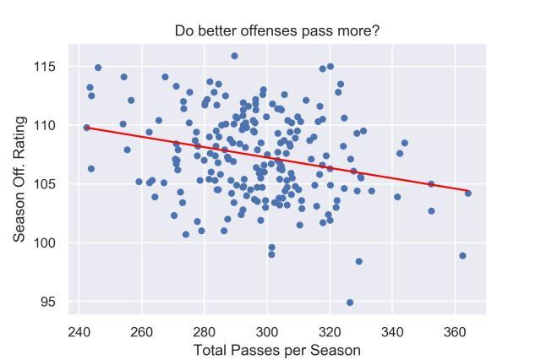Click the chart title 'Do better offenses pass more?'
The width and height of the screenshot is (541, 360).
(277, 32)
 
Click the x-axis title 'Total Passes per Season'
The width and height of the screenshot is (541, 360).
(276, 350)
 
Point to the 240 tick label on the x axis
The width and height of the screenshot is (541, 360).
(79, 330)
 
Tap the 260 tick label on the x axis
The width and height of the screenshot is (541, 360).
(142, 330)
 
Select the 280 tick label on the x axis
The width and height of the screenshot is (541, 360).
(205, 330)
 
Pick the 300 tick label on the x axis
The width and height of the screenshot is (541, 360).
(267, 330)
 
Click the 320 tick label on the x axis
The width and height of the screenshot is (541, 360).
(330, 330)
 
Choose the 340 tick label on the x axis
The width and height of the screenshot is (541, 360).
(392, 330)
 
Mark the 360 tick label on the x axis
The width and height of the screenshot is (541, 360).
(455, 330)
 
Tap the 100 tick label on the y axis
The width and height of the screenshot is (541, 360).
(53, 243)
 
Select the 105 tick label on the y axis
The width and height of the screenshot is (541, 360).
(53, 184)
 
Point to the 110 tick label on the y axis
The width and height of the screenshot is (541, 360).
(53, 125)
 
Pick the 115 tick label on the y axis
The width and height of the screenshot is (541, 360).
(53, 67)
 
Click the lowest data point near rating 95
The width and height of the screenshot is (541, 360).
(350, 303)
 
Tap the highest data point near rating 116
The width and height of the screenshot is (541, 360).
(234, 57)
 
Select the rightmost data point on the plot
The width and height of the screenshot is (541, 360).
(467, 194)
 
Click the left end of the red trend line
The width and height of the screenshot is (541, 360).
(86, 127)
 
